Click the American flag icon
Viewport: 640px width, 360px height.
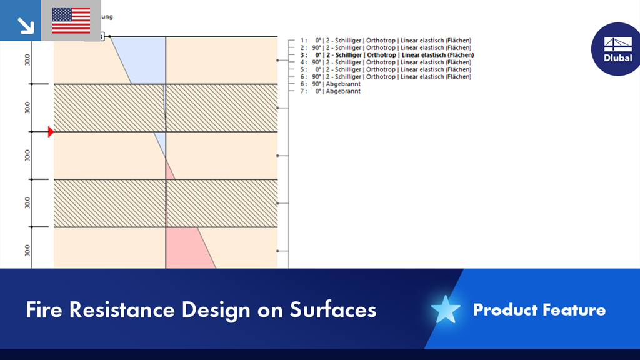(x=71, y=21)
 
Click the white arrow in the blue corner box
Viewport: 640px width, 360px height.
(x=26, y=25)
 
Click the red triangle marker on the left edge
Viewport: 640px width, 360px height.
(x=51, y=132)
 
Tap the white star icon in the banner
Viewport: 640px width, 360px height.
(x=446, y=309)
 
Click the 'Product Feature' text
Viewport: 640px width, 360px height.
(x=539, y=309)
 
